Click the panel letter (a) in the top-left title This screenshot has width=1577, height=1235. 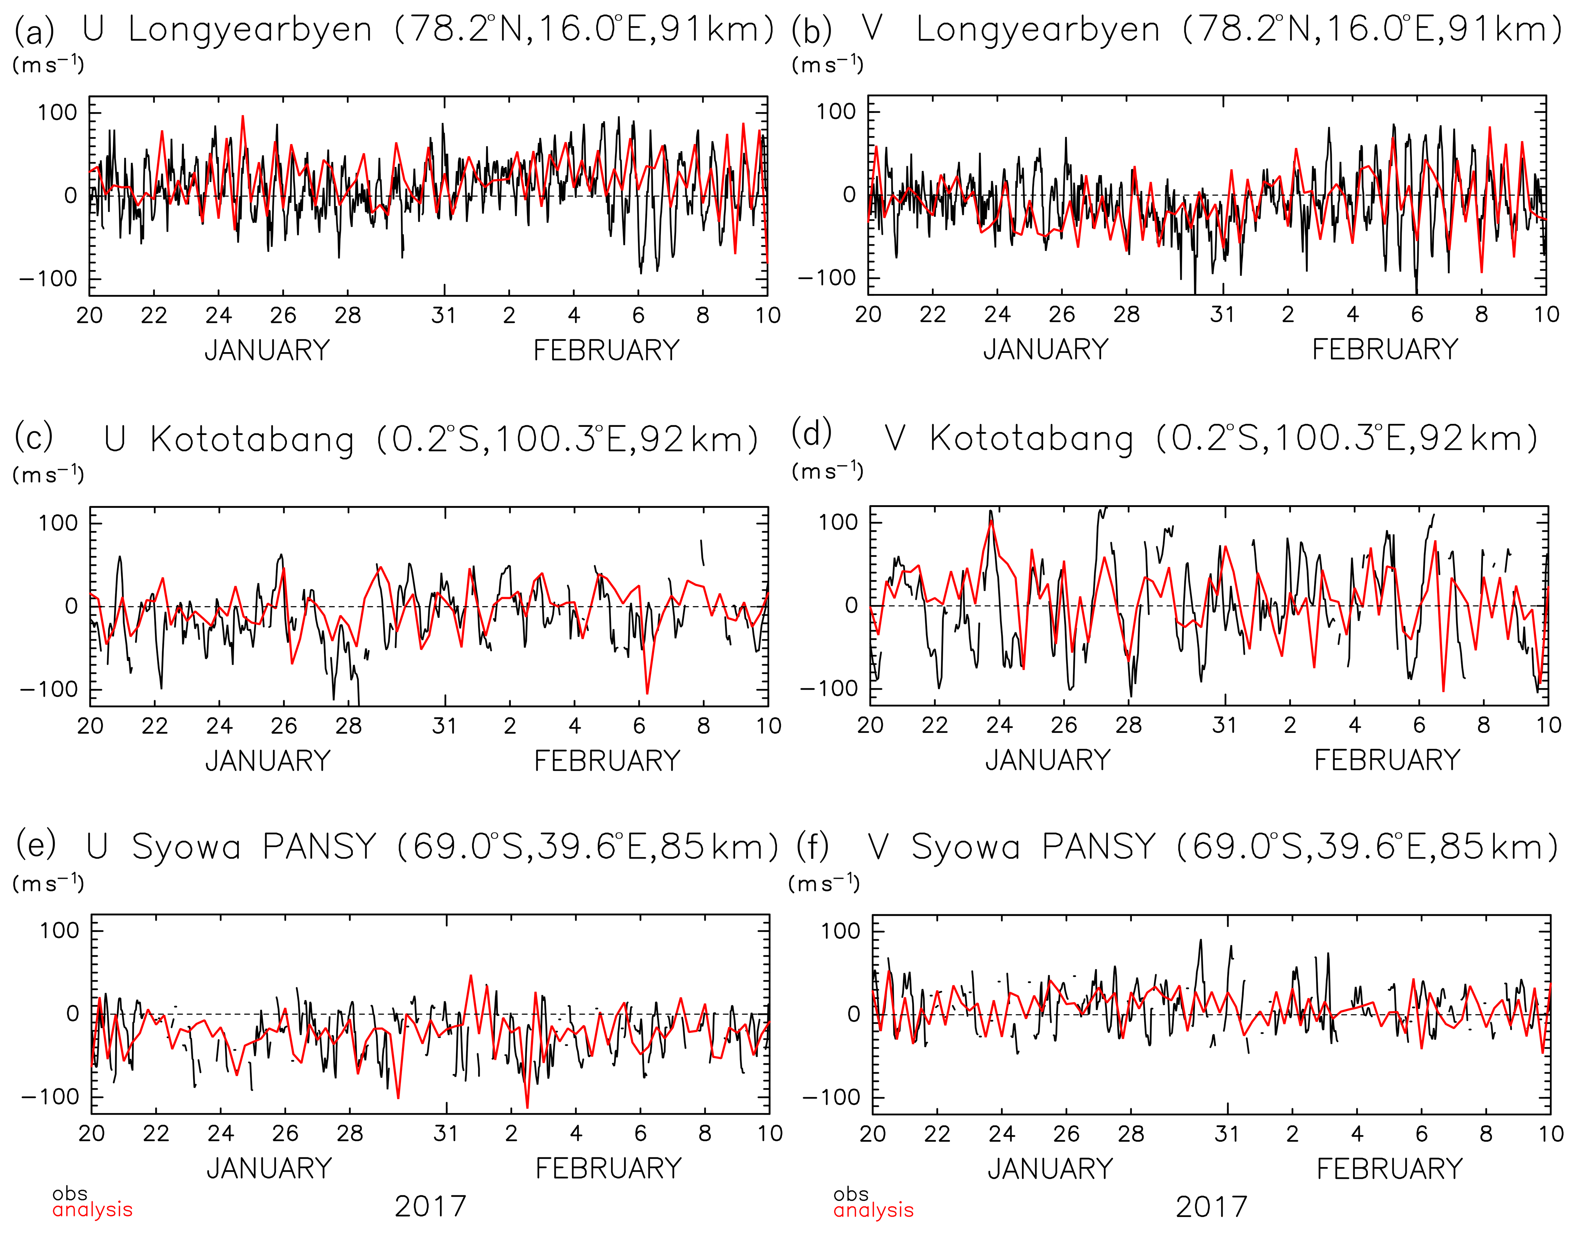point(34,30)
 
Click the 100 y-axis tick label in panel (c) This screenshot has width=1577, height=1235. point(58,523)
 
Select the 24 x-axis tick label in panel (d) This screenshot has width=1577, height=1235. point(999,725)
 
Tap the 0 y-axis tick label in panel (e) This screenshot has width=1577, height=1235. point(72,1014)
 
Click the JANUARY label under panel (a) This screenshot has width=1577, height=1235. point(267,351)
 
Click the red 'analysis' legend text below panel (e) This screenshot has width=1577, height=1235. point(93,1210)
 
